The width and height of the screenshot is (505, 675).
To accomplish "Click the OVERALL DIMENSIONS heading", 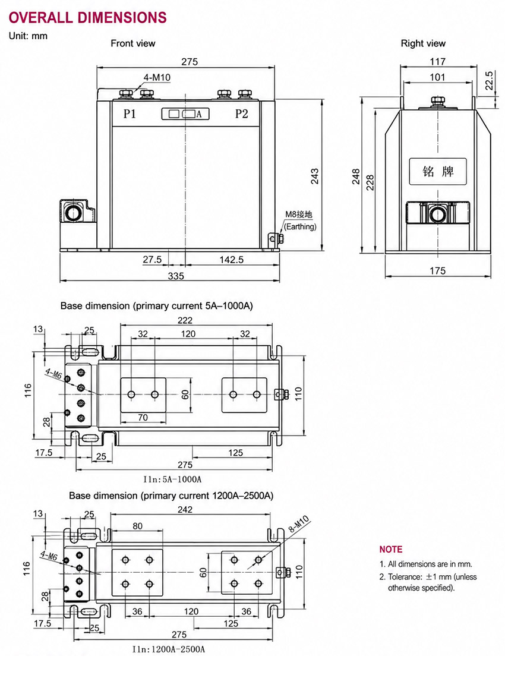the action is click(87, 18).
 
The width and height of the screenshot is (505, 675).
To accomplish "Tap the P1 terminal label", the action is click(130, 113).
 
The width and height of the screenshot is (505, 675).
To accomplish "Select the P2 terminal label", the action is click(242, 113).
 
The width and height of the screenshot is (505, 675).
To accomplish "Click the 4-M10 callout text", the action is click(157, 77).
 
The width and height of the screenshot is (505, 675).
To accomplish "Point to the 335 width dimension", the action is click(176, 276).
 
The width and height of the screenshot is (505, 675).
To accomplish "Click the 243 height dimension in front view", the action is click(315, 176).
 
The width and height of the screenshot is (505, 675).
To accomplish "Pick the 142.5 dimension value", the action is click(232, 260).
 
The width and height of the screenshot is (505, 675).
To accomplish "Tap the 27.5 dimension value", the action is click(153, 260).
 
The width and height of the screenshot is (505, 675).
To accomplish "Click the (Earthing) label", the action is click(300, 226).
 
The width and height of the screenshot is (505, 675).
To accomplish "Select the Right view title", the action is click(423, 43).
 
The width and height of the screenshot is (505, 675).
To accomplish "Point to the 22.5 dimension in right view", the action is click(488, 80).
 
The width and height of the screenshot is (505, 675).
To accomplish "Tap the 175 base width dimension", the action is click(437, 271).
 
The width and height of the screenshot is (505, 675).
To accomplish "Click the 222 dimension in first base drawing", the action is click(185, 320).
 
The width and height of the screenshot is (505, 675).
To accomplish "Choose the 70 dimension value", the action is click(143, 418).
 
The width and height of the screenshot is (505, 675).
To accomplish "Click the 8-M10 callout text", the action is click(298, 524).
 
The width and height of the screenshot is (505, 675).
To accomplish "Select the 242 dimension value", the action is click(185, 510).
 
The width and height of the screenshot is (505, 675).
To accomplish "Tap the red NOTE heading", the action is click(391, 549).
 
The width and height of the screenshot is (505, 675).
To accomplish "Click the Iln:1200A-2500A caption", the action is click(168, 649).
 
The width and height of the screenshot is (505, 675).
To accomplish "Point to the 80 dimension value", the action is click(137, 526).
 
